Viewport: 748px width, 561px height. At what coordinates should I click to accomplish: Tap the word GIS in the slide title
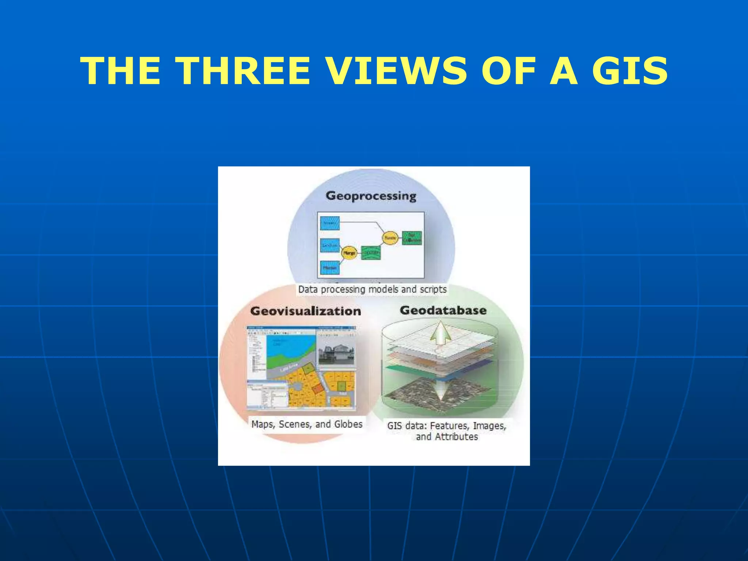(x=630, y=71)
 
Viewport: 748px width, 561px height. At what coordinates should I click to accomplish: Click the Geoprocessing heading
(x=371, y=196)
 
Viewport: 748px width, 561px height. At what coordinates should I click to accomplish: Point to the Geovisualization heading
(x=305, y=311)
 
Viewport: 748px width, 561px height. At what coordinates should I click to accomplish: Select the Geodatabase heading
(x=443, y=310)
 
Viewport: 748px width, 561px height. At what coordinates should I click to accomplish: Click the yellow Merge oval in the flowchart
(x=349, y=253)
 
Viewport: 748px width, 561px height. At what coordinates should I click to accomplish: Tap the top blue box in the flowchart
(x=330, y=223)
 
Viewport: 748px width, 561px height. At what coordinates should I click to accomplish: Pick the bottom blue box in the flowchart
(x=329, y=268)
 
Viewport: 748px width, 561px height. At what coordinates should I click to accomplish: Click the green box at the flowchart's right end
(x=412, y=238)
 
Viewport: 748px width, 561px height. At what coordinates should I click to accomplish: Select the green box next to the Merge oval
(x=371, y=253)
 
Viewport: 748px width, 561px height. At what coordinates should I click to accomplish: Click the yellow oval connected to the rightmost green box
(x=390, y=238)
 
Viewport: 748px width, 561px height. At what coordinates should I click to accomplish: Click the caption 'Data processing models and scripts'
(x=372, y=290)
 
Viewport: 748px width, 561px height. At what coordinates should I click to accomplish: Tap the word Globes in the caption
(x=348, y=424)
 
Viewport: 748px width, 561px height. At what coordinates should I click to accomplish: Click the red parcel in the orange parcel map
(x=317, y=389)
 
